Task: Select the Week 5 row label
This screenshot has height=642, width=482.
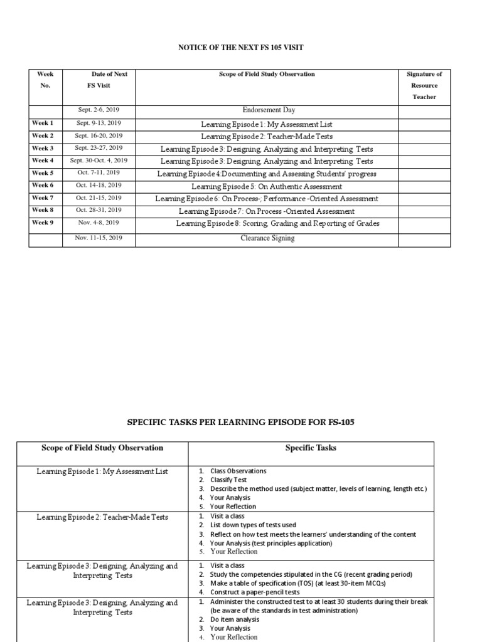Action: tap(43, 173)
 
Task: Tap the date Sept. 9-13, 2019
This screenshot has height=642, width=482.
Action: tap(99, 124)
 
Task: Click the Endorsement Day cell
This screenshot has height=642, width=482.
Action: tap(267, 110)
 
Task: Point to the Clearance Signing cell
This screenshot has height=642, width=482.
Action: tap(267, 238)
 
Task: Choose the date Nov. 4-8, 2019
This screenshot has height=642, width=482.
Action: tap(99, 223)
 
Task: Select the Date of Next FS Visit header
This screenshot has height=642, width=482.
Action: tap(99, 80)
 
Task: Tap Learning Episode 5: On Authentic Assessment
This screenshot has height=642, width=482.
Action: tap(267, 186)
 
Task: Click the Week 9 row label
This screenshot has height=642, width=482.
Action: tap(43, 223)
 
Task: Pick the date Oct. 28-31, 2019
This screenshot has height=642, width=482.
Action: tap(99, 211)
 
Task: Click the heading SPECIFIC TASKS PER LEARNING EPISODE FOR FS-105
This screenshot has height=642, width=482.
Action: tap(240, 423)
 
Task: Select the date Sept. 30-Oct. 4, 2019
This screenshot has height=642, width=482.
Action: tap(99, 160)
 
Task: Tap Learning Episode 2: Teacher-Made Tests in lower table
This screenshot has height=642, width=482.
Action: tap(102, 517)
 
